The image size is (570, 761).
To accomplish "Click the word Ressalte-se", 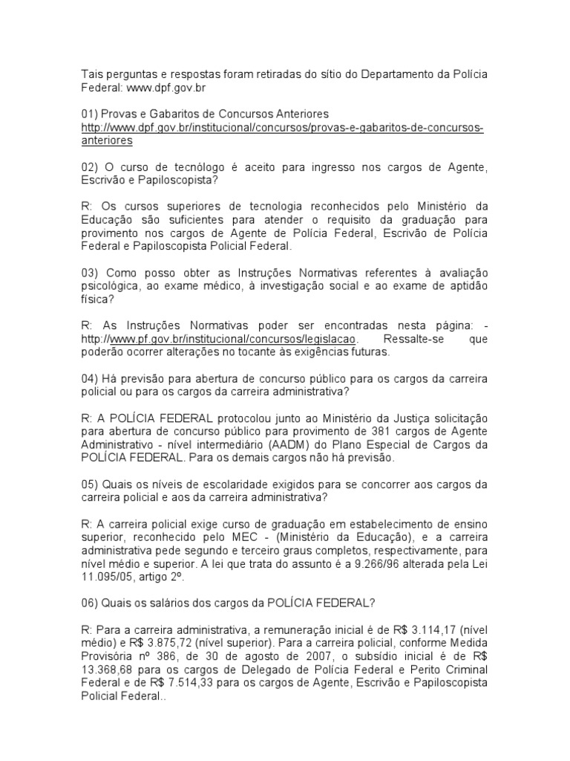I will [x=407, y=339].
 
